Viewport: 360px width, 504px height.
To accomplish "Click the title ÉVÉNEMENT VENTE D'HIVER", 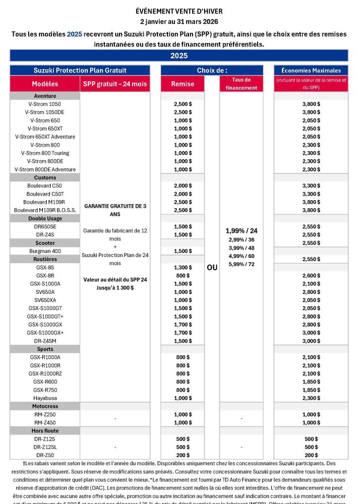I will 179,11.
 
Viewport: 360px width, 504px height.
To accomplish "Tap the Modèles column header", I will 45,84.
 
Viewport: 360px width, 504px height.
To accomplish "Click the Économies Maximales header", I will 311,71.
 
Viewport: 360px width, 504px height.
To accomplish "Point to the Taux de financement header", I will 241,84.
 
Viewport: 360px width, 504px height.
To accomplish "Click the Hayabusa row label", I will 45,398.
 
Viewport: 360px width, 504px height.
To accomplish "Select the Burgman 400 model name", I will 45,251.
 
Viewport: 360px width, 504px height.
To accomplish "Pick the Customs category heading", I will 45,177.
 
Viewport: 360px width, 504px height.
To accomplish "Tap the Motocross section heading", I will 45,406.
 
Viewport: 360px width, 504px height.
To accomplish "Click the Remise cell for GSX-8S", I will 183,267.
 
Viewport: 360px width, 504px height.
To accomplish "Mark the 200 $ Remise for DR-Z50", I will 183,455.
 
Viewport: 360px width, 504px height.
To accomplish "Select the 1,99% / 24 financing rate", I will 241,230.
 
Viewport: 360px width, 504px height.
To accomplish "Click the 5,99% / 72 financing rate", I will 241,264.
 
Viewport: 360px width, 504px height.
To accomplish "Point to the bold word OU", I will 212,267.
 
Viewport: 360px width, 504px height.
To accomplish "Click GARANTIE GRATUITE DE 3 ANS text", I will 115,210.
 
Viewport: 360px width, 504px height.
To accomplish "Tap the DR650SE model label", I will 45,226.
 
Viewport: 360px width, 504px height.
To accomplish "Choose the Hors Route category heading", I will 45,430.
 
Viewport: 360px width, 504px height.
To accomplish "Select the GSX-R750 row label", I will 45,390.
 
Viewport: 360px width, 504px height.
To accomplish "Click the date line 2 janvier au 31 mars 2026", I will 179,22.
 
